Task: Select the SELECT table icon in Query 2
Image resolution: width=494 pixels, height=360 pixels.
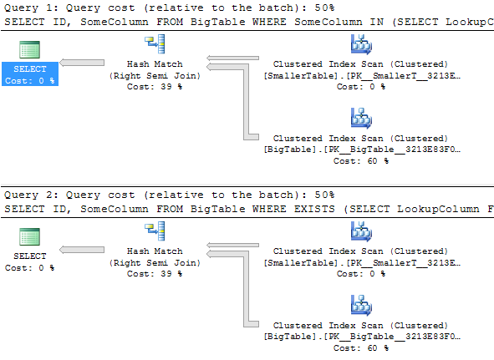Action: [x=30, y=236]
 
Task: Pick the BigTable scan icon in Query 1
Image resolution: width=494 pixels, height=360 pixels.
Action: [x=361, y=119]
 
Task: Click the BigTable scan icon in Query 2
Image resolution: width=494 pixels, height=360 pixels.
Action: [x=361, y=306]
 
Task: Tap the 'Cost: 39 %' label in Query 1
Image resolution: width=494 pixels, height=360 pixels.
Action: [x=155, y=86]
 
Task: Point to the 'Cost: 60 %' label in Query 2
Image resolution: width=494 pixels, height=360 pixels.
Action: [x=361, y=347]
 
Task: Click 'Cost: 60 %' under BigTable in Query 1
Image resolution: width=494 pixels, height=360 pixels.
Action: [x=361, y=160]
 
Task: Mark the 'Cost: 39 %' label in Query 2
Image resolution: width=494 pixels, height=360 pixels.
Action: [x=155, y=273]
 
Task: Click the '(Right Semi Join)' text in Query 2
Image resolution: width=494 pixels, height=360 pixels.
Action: [x=155, y=262]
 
